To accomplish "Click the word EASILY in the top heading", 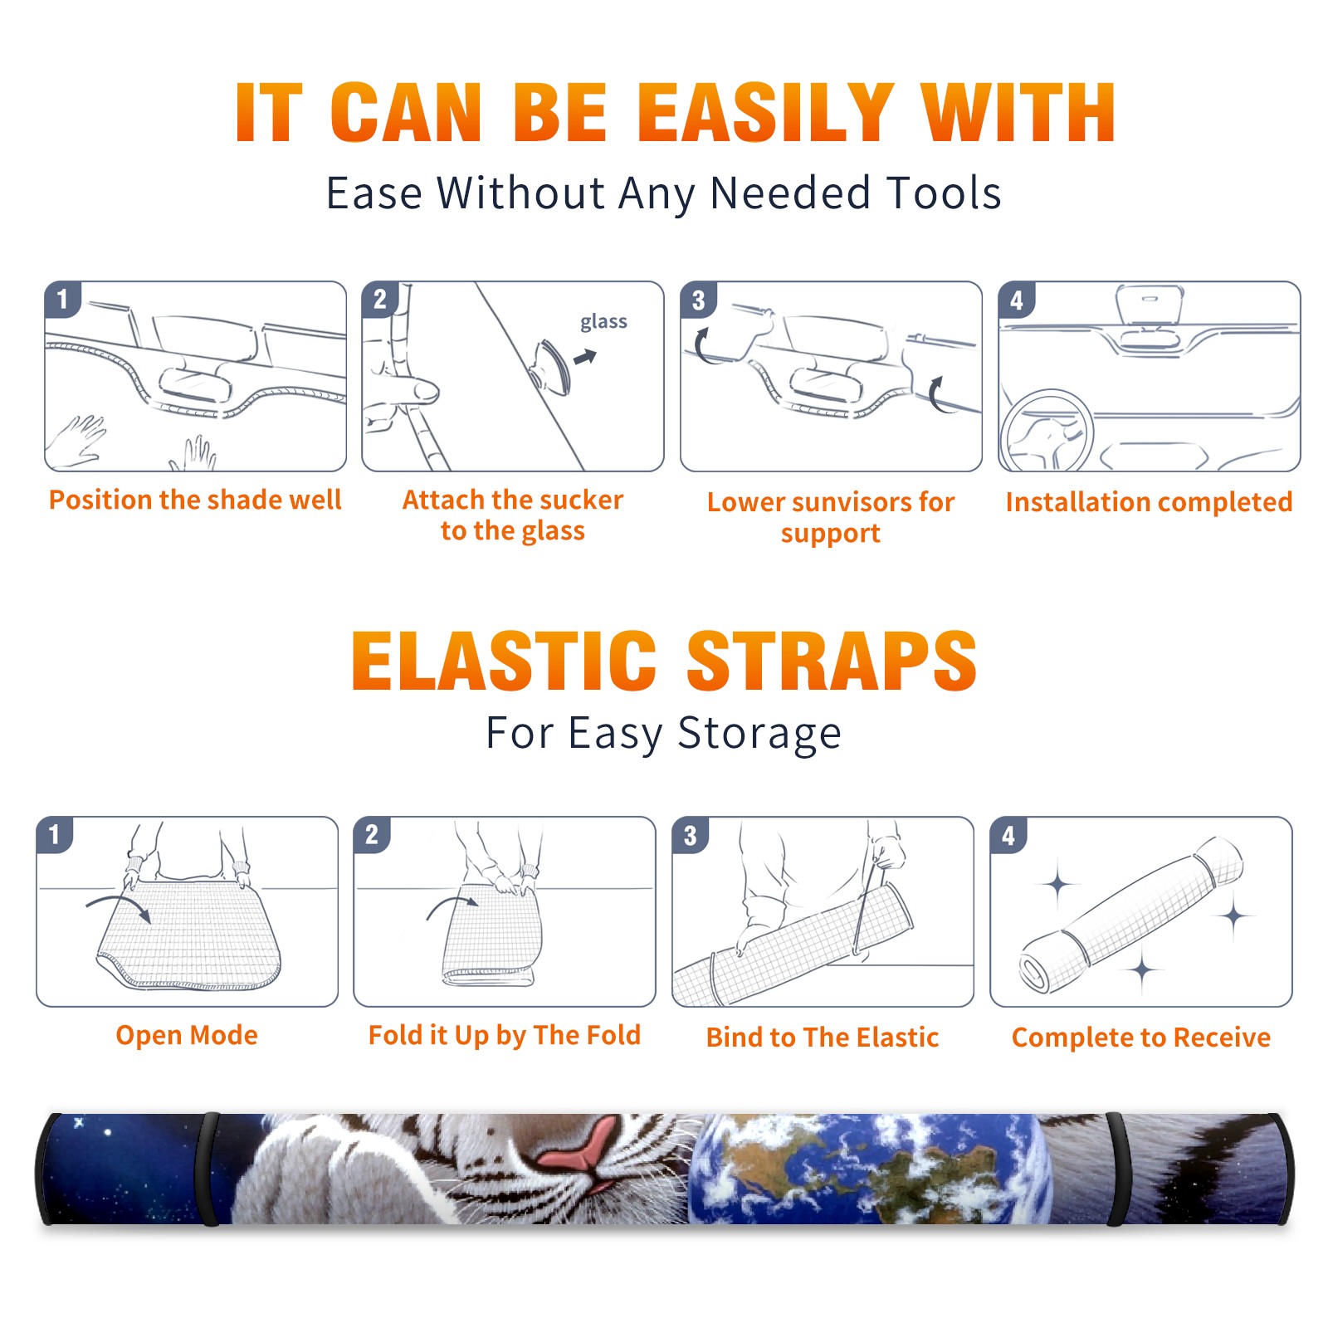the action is (765, 113).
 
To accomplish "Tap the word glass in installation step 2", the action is (603, 322).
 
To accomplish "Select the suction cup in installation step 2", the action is (552, 366).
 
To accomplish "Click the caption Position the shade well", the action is (195, 500).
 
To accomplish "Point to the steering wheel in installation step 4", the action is (1047, 432).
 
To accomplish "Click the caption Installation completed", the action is (1149, 502).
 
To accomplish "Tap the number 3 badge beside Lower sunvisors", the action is (698, 300).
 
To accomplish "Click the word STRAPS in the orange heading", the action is (832, 661).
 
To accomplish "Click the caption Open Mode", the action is (187, 1035).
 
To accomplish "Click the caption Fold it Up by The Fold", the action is (505, 1035).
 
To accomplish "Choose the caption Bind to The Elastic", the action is (823, 1037).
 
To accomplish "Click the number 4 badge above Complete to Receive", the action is (1008, 835).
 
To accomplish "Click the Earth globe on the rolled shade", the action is (867, 1168).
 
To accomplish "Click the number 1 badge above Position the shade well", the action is (62, 299).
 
